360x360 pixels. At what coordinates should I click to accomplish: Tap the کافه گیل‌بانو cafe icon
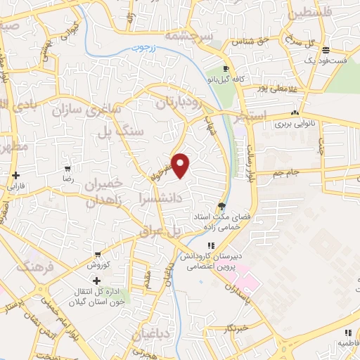[x=226, y=69]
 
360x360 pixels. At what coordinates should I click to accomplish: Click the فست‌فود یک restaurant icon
[x=325, y=51]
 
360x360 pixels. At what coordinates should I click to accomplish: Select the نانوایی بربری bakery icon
[x=295, y=112]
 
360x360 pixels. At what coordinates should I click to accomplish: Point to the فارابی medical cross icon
[x=15, y=175]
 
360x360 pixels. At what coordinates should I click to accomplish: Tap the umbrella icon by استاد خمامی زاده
[x=223, y=206]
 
